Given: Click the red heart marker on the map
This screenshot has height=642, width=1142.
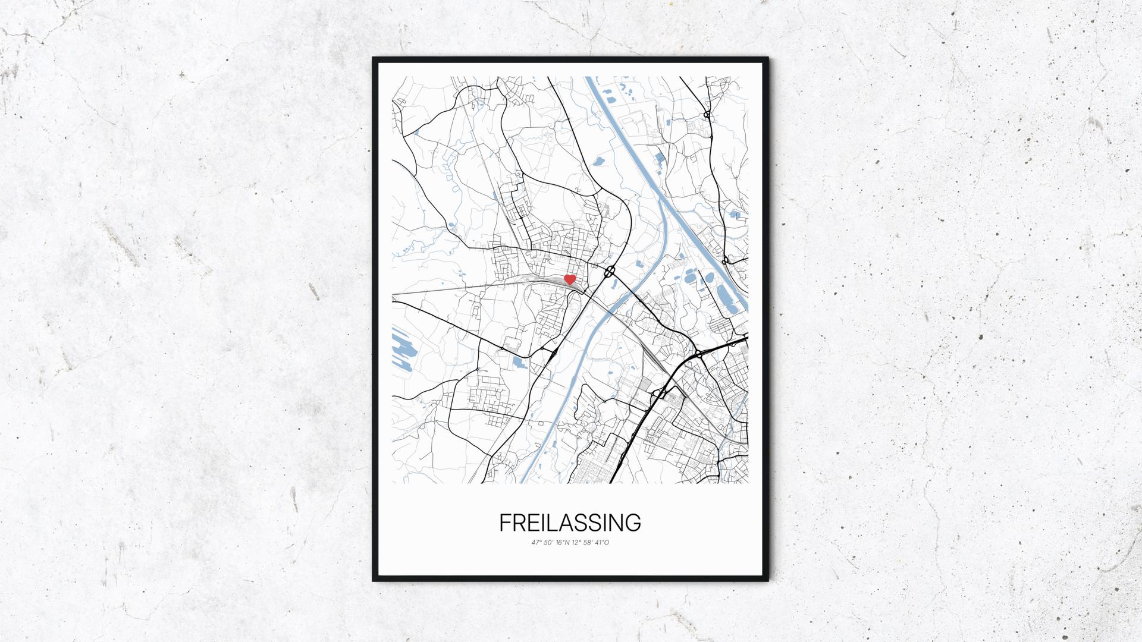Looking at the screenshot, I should [x=569, y=279].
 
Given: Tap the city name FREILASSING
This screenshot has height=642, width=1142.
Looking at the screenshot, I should [x=570, y=523].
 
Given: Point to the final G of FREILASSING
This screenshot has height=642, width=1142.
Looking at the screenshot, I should [x=633, y=523].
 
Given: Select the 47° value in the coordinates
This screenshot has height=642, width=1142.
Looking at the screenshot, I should [x=538, y=543].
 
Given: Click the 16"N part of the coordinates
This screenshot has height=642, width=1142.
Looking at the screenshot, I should [x=563, y=543].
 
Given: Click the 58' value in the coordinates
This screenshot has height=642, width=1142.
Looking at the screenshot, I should [x=590, y=543].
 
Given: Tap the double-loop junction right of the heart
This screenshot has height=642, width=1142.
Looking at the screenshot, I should [x=610, y=272].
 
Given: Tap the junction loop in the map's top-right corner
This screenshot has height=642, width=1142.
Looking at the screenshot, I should [x=707, y=114].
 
